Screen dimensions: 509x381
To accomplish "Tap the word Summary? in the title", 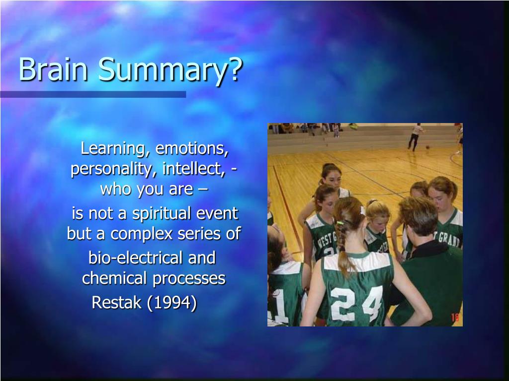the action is (x=170, y=70).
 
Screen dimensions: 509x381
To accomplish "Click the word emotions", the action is (x=192, y=148).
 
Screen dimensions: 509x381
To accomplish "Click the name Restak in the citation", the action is (x=116, y=303).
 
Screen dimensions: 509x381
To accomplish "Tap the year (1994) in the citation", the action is (x=172, y=303).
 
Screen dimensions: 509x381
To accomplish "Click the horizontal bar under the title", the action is (x=93, y=94).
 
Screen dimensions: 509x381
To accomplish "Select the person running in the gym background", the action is (x=415, y=137).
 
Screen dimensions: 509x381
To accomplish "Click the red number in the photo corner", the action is (x=455, y=317).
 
